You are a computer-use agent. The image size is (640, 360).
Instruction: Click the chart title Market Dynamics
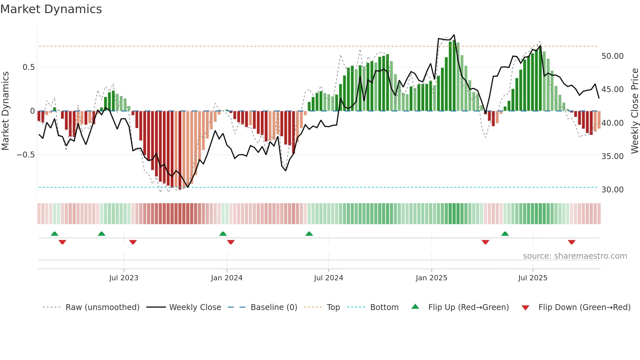pyautogui.click(x=51, y=9)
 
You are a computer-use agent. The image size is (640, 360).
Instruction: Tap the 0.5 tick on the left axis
pyautogui.click(x=28, y=67)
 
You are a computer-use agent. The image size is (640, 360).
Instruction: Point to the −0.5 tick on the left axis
pyautogui.click(x=26, y=155)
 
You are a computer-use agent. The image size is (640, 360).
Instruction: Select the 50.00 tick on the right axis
pyautogui.click(x=612, y=56)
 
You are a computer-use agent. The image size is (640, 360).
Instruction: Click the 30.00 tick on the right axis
pyautogui.click(x=612, y=190)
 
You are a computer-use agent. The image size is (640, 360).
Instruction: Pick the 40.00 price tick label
pyautogui.click(x=612, y=123)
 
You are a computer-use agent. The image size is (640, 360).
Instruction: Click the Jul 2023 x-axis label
pyautogui.click(x=124, y=278)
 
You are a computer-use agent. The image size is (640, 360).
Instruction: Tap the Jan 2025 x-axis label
pyautogui.click(x=431, y=278)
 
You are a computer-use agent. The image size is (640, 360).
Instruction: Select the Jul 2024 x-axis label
pyautogui.click(x=328, y=278)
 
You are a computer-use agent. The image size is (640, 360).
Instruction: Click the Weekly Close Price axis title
pyautogui.click(x=634, y=111)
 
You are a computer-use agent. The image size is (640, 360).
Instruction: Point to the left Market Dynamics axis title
pyautogui.click(x=5, y=111)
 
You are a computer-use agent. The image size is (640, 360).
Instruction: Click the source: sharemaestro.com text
pyautogui.click(x=575, y=256)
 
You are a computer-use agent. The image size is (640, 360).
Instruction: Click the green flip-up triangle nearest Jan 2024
pyautogui.click(x=223, y=234)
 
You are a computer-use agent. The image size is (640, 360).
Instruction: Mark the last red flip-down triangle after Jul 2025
pyautogui.click(x=571, y=242)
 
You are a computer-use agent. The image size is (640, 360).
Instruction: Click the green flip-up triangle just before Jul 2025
pyautogui.click(x=505, y=234)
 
